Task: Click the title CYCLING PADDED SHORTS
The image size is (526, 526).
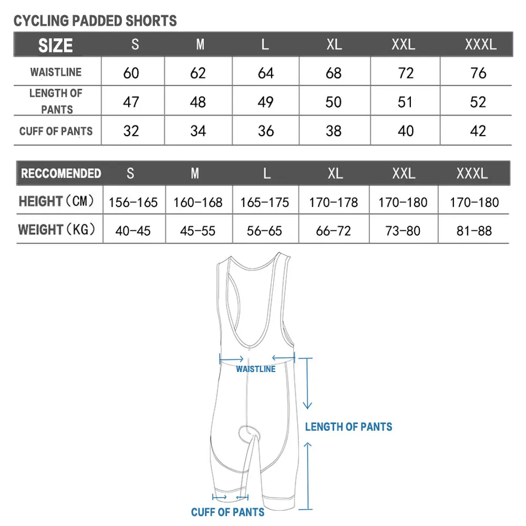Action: [x=95, y=21]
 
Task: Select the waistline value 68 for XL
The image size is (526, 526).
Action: [x=334, y=73]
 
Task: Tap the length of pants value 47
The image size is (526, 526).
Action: [x=131, y=102]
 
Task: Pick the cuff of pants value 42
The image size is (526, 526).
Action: [x=478, y=131]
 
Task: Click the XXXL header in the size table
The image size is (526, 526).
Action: [x=480, y=44]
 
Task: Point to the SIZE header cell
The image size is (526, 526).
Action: [x=55, y=46]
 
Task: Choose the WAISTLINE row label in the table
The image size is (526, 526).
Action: [x=56, y=72]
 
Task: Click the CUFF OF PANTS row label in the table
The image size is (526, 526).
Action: [x=56, y=131]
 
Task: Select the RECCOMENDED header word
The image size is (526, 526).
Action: [x=61, y=173]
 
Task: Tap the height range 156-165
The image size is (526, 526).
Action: [x=133, y=202]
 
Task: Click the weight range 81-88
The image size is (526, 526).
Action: [x=474, y=231]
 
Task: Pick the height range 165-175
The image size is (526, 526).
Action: [x=264, y=202]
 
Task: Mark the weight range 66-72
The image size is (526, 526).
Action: [x=334, y=231]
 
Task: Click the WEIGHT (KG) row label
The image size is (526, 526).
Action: [x=57, y=230]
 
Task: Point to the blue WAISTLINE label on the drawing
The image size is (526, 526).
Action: [x=255, y=369]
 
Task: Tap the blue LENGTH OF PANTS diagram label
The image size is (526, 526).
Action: [x=348, y=427]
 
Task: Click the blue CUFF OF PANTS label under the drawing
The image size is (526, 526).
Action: [x=228, y=512]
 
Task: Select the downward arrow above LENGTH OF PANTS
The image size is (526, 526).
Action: [x=307, y=384]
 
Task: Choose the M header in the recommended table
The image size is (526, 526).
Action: [x=195, y=173]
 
